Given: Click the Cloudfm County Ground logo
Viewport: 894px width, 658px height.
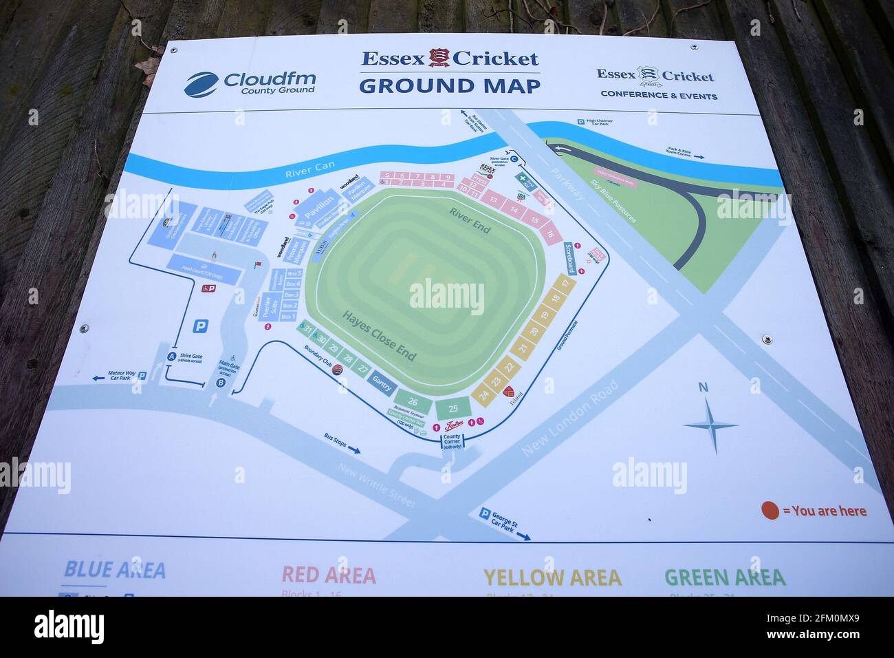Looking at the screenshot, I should tap(249, 83).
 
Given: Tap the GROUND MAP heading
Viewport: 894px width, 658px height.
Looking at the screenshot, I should tap(449, 86).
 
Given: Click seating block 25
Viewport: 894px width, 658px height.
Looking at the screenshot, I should tap(453, 409).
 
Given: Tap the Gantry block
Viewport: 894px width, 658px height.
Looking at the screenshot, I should tap(381, 384).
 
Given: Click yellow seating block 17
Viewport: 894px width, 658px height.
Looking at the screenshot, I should tap(565, 284).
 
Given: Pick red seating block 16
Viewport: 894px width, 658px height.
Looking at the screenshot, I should tap(549, 233).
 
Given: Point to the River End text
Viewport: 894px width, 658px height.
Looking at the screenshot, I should tap(470, 220).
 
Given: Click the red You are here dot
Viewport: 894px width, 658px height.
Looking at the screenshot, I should tap(770, 511).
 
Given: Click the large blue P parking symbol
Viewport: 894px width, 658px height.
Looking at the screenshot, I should tap(200, 326).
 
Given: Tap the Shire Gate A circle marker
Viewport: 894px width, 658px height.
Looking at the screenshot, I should tap(171, 357).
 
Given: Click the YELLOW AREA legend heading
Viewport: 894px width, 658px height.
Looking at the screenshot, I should tap(552, 577).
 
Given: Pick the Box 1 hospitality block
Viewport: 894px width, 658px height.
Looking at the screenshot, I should tap(288, 317).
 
